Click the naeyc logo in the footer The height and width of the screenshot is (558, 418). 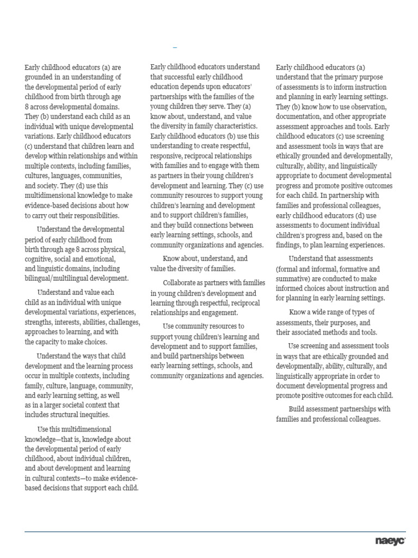pos(390,541)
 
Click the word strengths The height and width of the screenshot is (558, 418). pos(40,322)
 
